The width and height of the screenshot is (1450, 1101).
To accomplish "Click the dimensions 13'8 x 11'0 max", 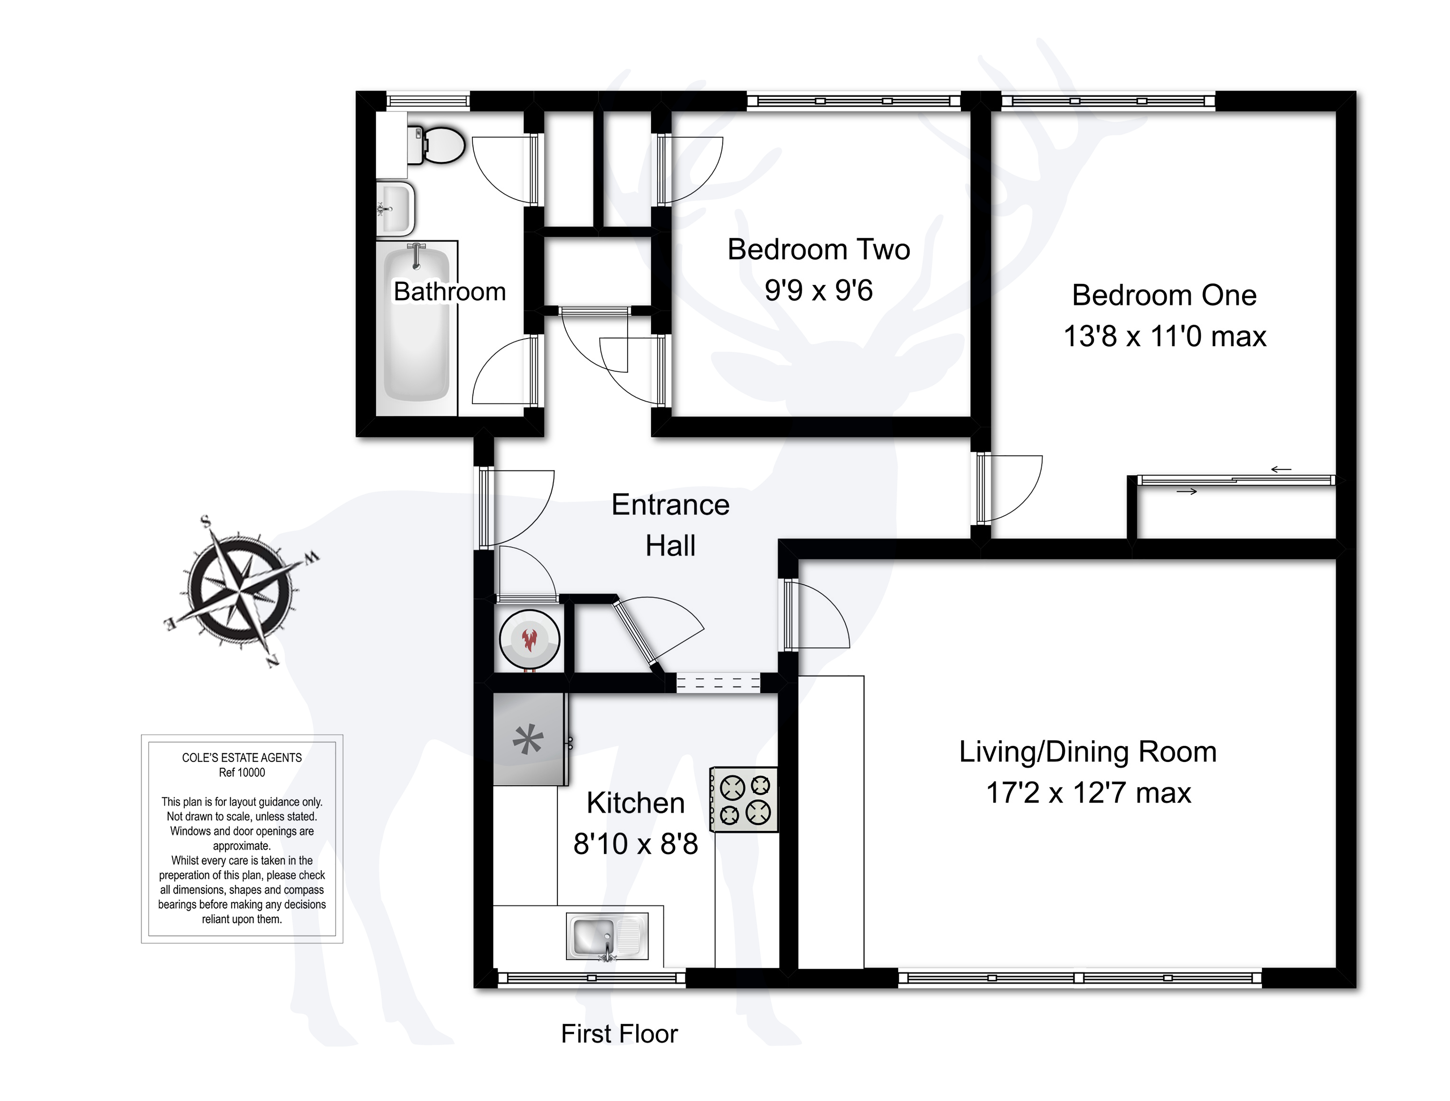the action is coord(1164,336).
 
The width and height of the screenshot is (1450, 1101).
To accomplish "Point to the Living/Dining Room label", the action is coord(1088,752).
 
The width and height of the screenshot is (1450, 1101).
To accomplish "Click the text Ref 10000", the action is coord(242,773).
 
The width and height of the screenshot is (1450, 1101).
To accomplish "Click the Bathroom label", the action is coord(450,292).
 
